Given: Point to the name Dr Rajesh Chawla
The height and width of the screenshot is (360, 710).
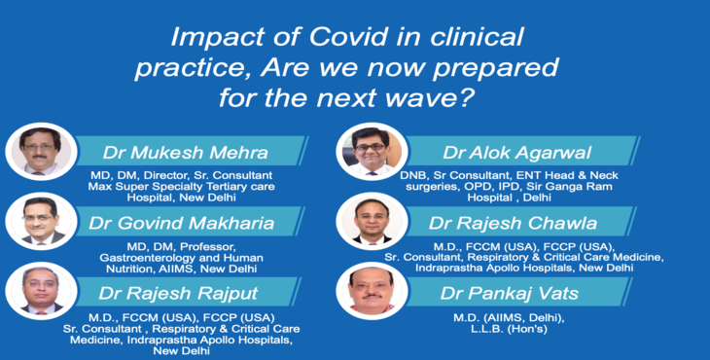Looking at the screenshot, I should click(518, 223).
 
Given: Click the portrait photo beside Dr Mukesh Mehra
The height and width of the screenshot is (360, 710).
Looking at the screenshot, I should click(40, 151).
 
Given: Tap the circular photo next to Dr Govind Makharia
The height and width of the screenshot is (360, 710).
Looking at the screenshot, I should click(40, 221).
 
